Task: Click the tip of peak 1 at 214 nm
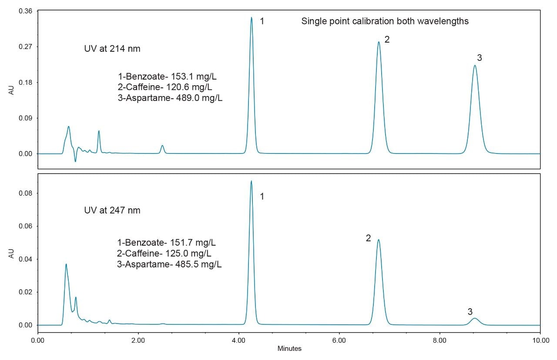[252, 18]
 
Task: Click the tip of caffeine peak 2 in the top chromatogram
[379, 42]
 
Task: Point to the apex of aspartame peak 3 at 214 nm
[475, 66]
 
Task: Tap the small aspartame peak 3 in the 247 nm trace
[475, 319]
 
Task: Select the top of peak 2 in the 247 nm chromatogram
[379, 240]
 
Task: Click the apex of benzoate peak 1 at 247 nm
[251, 181]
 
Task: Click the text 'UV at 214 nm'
[112, 49]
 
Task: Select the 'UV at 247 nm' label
[112, 210]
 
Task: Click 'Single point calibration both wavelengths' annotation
[385, 21]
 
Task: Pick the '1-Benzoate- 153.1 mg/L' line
[167, 77]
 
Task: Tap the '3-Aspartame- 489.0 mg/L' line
[170, 98]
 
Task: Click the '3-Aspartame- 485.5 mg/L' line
[169, 264]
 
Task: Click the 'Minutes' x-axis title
[289, 349]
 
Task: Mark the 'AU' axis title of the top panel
[11, 90]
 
